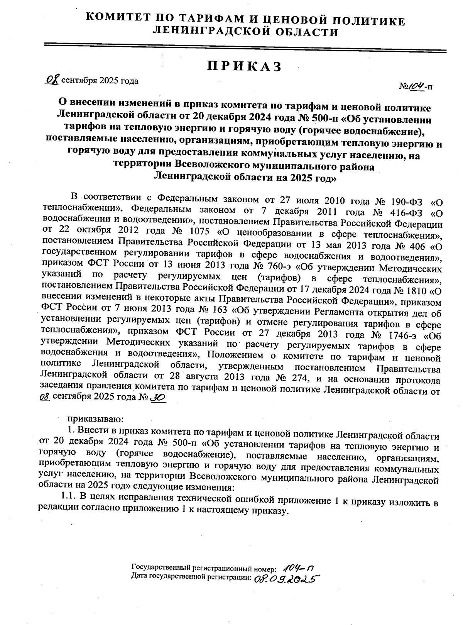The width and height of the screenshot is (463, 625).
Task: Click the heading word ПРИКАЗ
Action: click(x=245, y=66)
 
